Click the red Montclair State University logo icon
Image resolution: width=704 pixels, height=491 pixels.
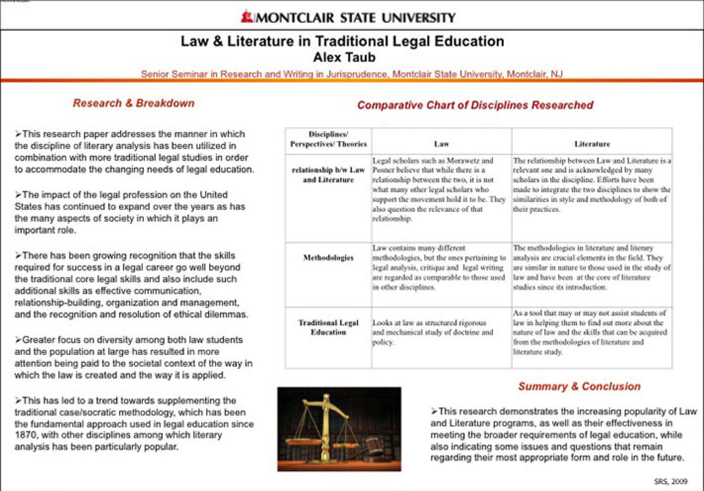tap(247, 17)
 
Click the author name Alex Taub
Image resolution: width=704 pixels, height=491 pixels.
tap(344, 57)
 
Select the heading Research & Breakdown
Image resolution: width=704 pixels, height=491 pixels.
tap(134, 103)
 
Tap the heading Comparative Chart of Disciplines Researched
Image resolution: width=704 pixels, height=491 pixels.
tap(475, 105)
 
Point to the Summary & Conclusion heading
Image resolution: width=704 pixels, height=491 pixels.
tap(579, 386)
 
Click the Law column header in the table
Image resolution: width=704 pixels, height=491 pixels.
tap(441, 144)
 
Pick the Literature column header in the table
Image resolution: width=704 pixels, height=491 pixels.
tap(592, 144)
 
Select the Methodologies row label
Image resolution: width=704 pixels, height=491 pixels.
tap(328, 258)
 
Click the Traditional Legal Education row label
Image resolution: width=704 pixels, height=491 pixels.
tap(328, 328)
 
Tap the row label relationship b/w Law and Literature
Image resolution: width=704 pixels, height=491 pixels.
tap(328, 175)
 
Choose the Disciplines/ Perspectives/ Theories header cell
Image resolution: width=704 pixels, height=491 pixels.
tap(328, 139)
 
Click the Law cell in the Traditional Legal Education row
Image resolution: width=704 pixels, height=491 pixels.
tap(433, 332)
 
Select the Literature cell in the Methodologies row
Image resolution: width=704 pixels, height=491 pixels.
tap(591, 267)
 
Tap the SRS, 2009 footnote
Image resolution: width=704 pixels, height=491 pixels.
tap(671, 481)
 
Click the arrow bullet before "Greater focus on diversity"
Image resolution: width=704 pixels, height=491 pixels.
tap(18, 340)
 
